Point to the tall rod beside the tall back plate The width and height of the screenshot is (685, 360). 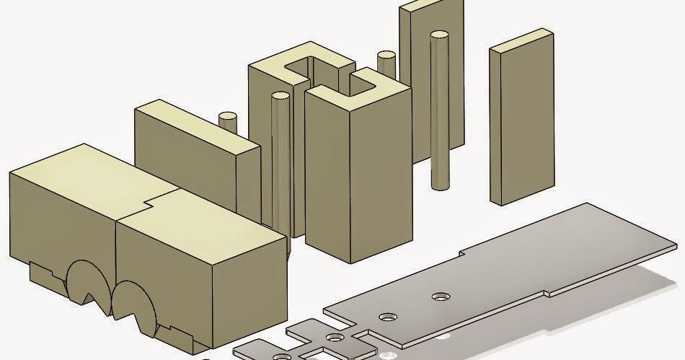(x=439, y=108)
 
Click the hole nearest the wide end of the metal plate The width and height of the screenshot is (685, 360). (x=439, y=297)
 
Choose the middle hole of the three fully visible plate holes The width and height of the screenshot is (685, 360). (x=389, y=317)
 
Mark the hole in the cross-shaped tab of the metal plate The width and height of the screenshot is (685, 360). (x=334, y=337)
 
